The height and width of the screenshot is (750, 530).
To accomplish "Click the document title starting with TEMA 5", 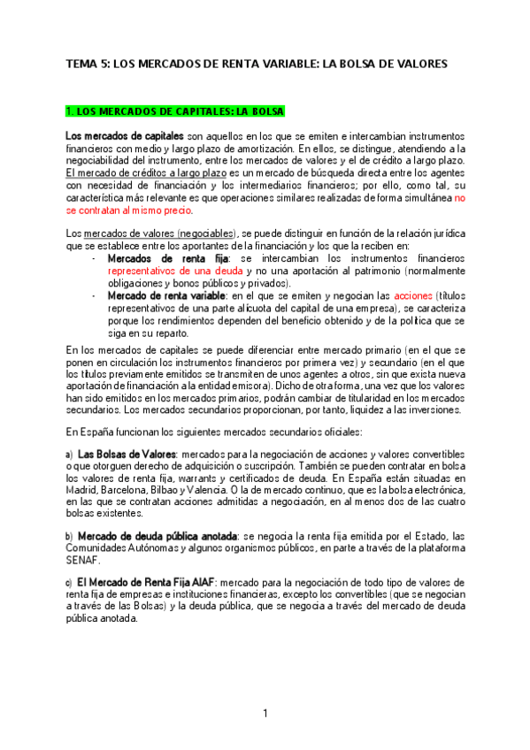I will [x=257, y=64].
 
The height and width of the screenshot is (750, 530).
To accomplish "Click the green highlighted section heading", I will [x=175, y=111].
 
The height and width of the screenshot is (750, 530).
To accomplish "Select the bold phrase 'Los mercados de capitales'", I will [x=124, y=136].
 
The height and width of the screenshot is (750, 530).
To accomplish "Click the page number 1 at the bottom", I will [x=265, y=714].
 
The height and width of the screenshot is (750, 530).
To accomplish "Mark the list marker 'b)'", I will [x=69, y=537].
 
